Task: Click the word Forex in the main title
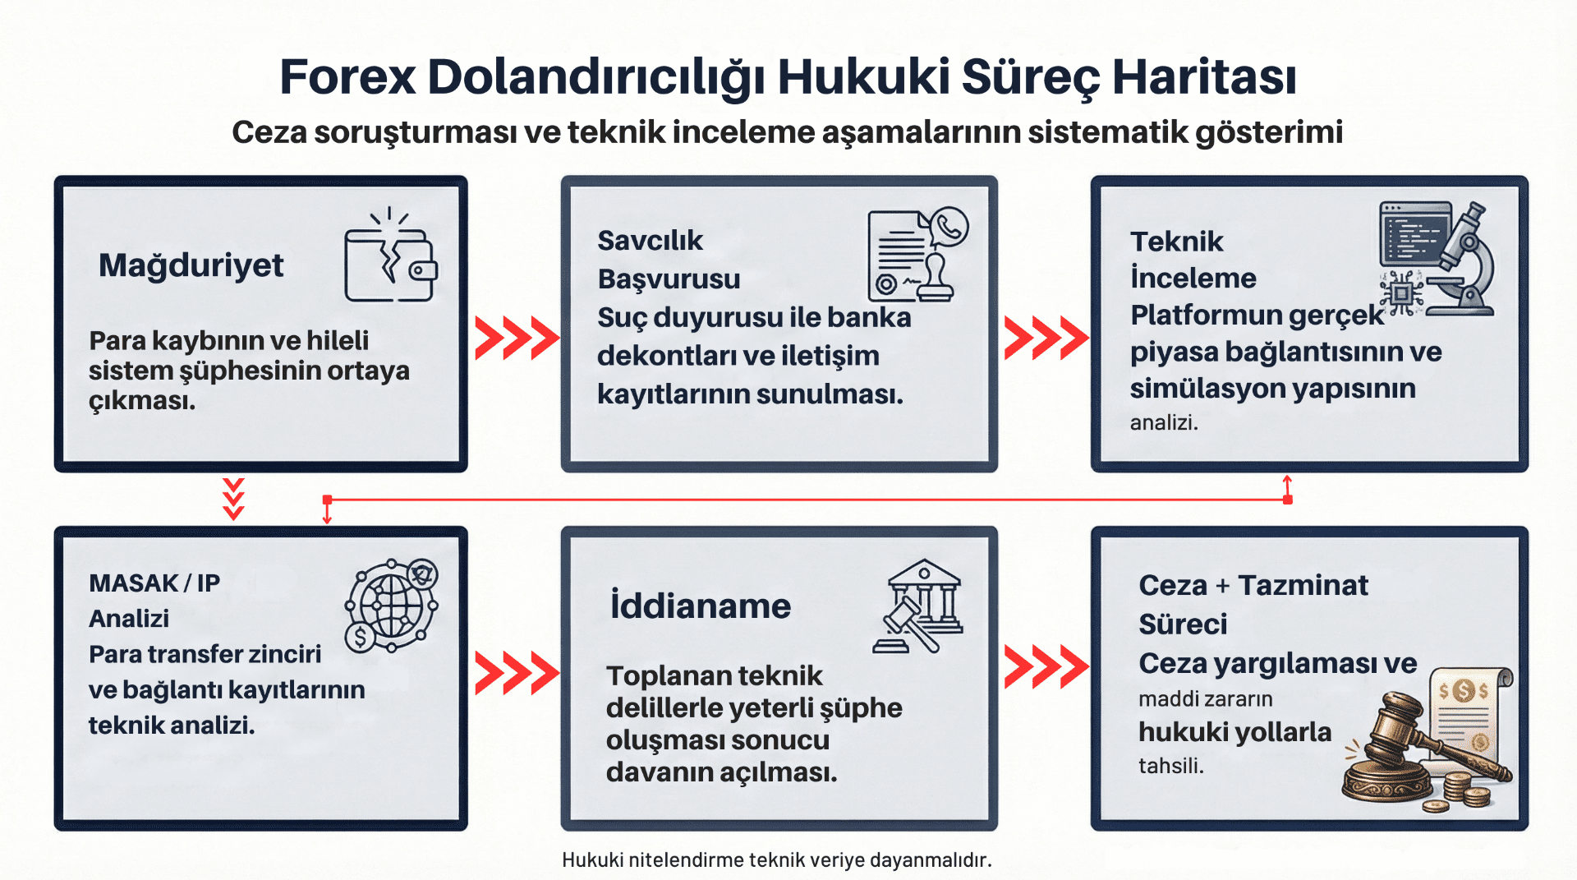point(347,78)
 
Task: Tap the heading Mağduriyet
point(191,265)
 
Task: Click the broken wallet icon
point(390,257)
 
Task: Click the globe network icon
point(391,606)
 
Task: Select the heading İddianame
point(700,606)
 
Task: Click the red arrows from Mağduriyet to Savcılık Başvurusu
point(516,337)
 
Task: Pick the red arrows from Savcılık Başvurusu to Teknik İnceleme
point(1045,337)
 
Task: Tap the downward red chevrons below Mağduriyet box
point(234,499)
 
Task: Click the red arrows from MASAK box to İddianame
point(516,672)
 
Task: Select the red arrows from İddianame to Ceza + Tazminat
point(1045,666)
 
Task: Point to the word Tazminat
point(1303,586)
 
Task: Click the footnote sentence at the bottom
point(777,860)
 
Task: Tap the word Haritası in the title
point(1204,78)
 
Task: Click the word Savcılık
point(650,241)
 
